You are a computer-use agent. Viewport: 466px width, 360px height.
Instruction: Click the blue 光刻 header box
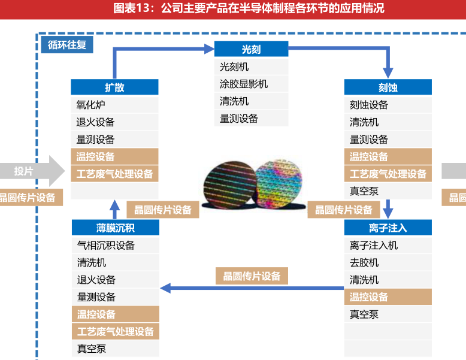[251, 50]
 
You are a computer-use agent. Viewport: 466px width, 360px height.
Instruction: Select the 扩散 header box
[114, 87]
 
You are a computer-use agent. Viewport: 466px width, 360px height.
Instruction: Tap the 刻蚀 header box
[388, 87]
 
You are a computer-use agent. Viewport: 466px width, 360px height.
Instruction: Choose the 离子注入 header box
[388, 228]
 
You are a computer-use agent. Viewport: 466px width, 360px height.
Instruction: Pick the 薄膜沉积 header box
[115, 228]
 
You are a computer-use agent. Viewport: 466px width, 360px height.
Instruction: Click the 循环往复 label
[67, 45]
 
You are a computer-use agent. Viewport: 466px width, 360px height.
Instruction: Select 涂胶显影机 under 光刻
[244, 84]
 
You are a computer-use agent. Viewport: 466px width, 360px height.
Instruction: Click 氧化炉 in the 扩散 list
[91, 105]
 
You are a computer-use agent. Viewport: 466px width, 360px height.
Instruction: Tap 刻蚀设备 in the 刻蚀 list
[369, 105]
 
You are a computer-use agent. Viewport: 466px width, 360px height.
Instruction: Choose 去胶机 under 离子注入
[364, 262]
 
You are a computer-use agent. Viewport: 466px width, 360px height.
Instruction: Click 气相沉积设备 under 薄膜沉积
[106, 245]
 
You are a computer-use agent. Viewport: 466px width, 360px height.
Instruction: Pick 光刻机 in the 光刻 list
[234, 66]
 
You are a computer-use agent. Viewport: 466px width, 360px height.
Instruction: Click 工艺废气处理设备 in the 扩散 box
[115, 174]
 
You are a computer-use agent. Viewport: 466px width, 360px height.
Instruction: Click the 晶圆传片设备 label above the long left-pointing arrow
[252, 276]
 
